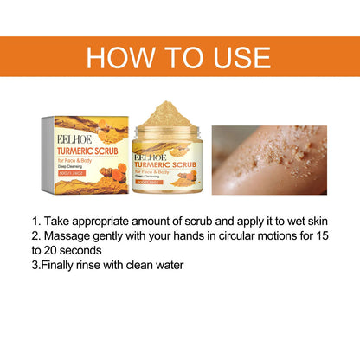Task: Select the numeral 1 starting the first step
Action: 34,221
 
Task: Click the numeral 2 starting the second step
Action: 35,235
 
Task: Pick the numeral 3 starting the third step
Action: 35,264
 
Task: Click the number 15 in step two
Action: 321,235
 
